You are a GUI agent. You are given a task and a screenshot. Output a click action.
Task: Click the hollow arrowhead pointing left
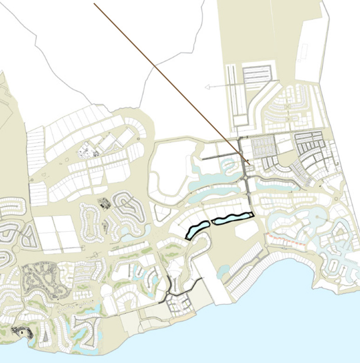(208, 87)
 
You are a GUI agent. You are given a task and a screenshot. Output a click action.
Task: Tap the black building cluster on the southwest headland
(21, 332)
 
